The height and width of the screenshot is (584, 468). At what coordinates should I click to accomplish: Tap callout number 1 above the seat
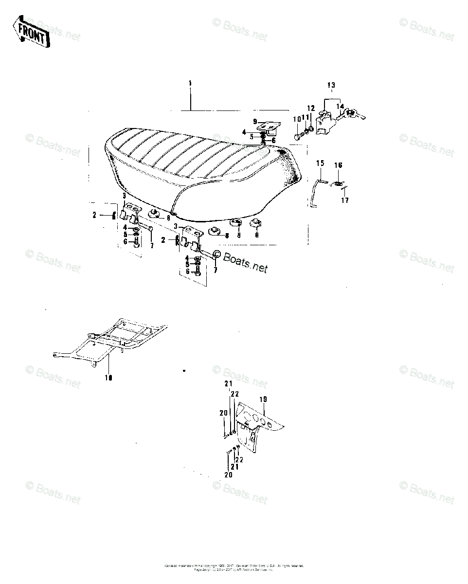coord(190,83)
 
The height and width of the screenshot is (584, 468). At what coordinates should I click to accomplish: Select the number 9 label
coord(254,121)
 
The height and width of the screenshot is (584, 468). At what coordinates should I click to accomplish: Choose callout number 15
coord(320,163)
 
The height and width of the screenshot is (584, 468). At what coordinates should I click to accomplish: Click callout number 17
coord(344,200)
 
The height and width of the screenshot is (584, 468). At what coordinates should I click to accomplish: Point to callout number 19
coord(263,399)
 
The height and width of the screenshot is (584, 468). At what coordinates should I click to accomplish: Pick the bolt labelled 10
coord(297,137)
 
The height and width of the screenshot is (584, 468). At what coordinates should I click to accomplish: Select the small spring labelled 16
coord(336,183)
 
